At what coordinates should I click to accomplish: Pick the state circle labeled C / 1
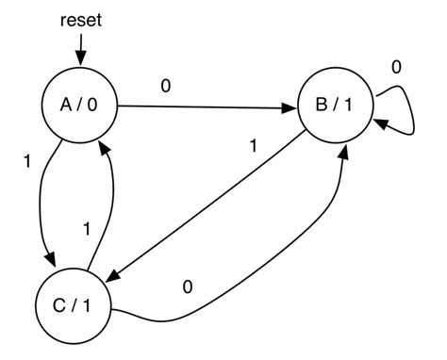[x=72, y=306]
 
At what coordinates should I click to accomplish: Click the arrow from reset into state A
[x=81, y=47]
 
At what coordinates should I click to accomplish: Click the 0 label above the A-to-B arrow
[x=167, y=88]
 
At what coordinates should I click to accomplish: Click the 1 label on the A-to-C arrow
[x=26, y=161]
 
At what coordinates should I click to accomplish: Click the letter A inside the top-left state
[x=67, y=106]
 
